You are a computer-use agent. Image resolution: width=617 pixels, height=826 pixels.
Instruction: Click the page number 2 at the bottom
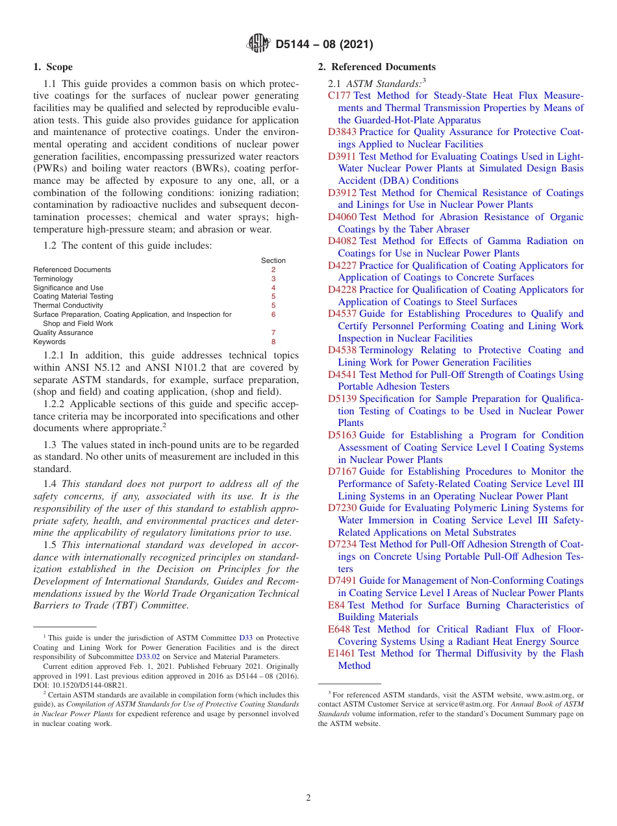pyautogui.click(x=308, y=797)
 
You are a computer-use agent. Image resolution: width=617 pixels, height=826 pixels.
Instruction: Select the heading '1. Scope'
pyautogui.click(x=53, y=67)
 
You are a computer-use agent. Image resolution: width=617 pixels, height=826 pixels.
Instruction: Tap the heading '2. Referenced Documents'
pyautogui.click(x=377, y=67)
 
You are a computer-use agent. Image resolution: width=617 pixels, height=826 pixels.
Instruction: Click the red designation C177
pyautogui.click(x=339, y=96)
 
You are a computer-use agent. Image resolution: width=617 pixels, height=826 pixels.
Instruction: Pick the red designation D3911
pyautogui.click(x=342, y=156)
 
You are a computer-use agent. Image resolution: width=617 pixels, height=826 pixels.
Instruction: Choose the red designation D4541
pyautogui.click(x=342, y=375)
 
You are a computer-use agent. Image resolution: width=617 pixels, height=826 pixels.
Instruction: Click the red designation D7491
pyautogui.click(x=342, y=581)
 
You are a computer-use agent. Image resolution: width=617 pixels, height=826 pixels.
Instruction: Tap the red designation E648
pyautogui.click(x=339, y=629)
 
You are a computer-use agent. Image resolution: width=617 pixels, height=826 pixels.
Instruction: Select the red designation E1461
pyautogui.click(x=341, y=653)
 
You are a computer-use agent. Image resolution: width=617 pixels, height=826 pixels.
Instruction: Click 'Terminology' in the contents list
pyautogui.click(x=53, y=279)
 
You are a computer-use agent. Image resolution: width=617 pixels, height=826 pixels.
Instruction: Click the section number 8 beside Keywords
pyautogui.click(x=273, y=342)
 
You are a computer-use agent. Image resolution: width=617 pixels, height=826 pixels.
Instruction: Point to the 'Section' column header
pyautogui.click(x=273, y=260)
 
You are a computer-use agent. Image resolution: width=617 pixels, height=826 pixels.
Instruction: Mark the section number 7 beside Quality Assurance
pyautogui.click(x=273, y=332)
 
